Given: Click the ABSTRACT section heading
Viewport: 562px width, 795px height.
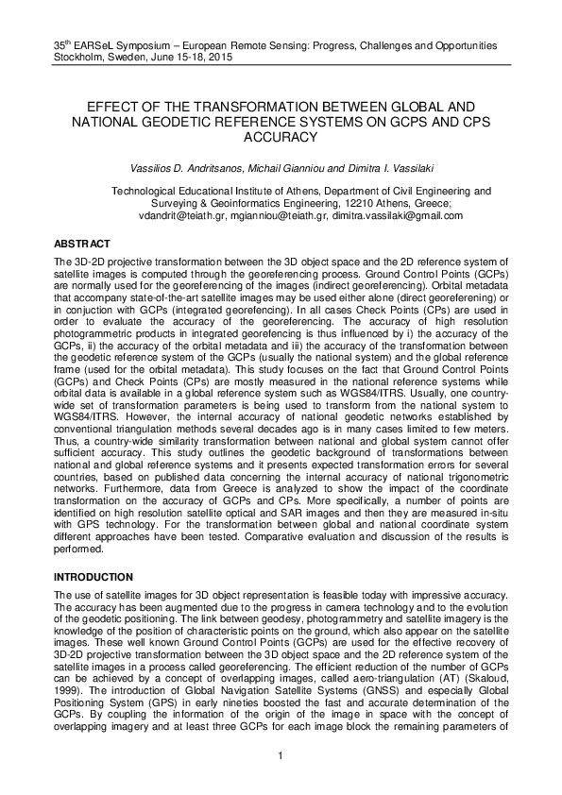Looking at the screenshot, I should point(82,244).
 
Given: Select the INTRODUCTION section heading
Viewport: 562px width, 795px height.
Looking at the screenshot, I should point(94,576).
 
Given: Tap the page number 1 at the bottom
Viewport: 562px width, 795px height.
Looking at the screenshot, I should point(281,755).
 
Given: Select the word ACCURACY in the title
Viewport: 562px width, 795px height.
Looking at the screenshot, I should point(281,137).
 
